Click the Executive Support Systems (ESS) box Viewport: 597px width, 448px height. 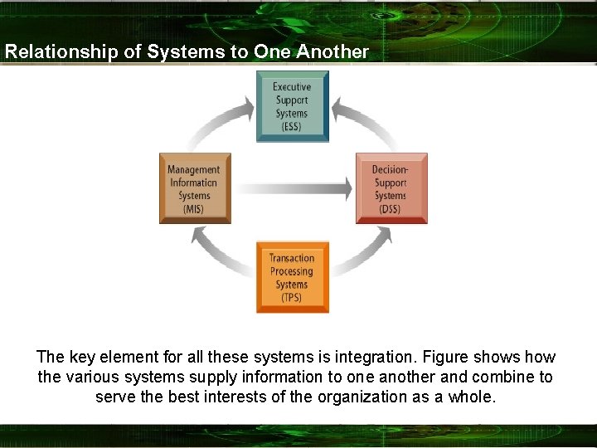[x=292, y=106]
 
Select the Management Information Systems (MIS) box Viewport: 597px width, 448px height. [x=193, y=188]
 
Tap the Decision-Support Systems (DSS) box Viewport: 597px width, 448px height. [x=391, y=188]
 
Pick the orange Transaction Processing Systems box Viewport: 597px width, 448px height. [x=292, y=277]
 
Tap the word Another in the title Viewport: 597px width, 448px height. [x=332, y=51]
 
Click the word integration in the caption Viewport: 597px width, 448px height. [x=367, y=358]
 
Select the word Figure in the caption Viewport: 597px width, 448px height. [x=445, y=358]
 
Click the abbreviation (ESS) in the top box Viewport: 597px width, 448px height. [x=292, y=127]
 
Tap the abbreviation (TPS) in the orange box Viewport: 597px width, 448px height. [x=292, y=298]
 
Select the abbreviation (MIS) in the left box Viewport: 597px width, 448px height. [x=193, y=209]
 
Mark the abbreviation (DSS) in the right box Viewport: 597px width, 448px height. [x=391, y=209]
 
